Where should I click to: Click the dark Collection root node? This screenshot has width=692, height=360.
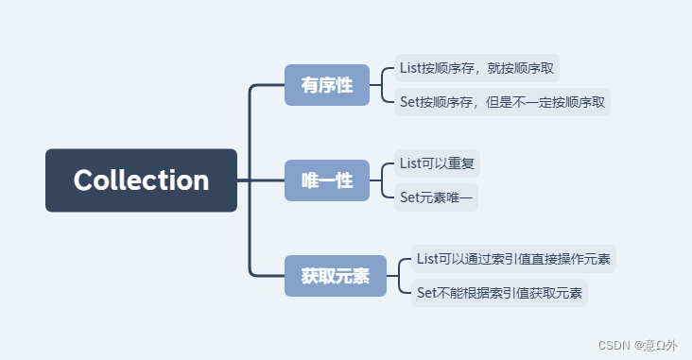coord(141,180)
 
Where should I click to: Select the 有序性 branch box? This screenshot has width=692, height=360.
coord(326,85)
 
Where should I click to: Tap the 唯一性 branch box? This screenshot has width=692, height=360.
coord(326,180)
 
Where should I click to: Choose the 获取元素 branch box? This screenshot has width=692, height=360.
coord(335,276)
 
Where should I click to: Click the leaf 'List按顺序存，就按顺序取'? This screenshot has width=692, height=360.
coord(476,68)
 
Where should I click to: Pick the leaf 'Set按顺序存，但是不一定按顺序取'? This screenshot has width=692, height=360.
coord(502,101)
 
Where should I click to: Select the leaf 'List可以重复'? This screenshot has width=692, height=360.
coord(437,163)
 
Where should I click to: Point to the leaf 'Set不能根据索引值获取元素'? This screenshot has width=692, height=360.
coord(499,292)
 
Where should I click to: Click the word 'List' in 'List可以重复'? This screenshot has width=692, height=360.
coord(409,163)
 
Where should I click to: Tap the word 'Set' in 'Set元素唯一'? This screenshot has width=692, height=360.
coord(409,197)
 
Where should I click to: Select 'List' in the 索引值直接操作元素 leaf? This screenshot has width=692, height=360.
coord(426,259)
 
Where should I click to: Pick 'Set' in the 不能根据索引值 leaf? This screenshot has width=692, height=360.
coord(426,292)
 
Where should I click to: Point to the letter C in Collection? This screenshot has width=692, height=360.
coord(83,180)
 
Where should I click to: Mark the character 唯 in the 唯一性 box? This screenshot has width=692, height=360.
coord(310,180)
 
